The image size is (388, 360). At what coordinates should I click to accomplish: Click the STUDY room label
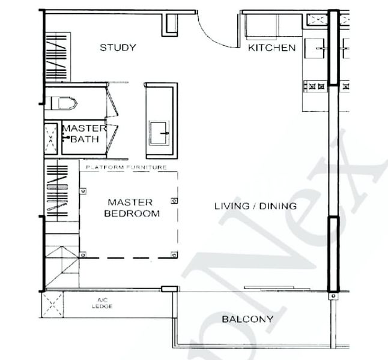coord(118,48)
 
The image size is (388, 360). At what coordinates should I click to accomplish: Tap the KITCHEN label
coord(271,48)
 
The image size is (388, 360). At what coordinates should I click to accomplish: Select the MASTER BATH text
coord(84,133)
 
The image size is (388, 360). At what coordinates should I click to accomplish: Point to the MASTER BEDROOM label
coord(132,208)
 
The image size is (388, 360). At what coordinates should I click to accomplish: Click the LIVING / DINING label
coord(255,206)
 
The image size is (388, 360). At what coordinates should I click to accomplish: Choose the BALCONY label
coord(247,319)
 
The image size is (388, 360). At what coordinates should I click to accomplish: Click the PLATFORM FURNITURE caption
coord(126,167)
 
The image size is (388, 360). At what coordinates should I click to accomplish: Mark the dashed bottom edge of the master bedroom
coord(129,257)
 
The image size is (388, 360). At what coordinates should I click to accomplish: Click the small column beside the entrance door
coord(170,22)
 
